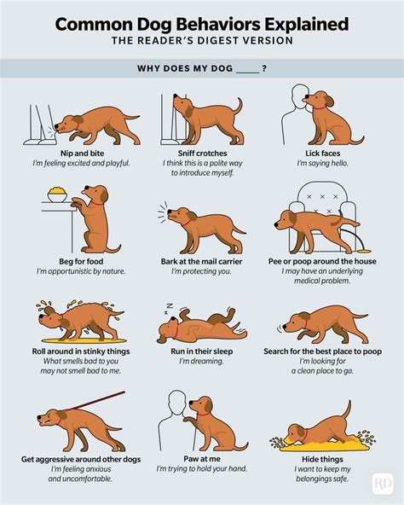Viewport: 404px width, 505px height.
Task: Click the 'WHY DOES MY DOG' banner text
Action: [x=201, y=68]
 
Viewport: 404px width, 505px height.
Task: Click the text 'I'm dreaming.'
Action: [x=201, y=362]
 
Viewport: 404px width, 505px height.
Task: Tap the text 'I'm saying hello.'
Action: [x=319, y=163]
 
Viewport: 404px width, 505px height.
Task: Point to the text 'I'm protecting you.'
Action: [x=201, y=271]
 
